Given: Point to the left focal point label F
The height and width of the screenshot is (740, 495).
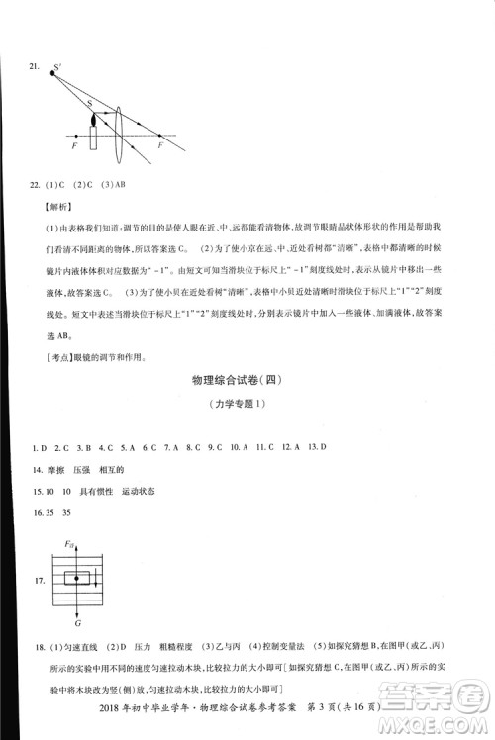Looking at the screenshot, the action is (76, 146).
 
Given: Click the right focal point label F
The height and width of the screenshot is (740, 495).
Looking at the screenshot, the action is (161, 146).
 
